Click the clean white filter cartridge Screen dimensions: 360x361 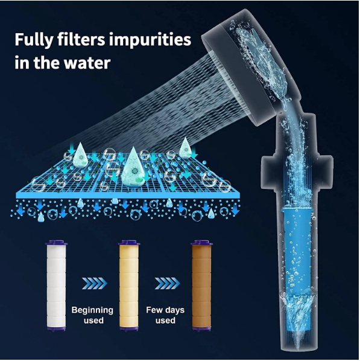(x=56, y=286)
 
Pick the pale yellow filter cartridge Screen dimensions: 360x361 (x=129, y=286)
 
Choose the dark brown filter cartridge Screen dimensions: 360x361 (x=201, y=286)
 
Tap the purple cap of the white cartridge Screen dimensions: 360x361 (x=56, y=243)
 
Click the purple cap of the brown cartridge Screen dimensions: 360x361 (x=201, y=243)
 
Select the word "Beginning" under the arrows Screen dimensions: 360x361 (x=92, y=310)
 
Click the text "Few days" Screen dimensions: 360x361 (x=165, y=310)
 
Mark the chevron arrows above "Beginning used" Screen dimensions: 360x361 (x=95, y=283)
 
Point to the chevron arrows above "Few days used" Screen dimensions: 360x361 (x=167, y=283)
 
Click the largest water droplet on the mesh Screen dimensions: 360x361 (x=133, y=168)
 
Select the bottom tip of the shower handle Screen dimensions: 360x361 (x=298, y=351)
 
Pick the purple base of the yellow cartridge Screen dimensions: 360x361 (x=129, y=329)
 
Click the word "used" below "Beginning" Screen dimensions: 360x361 (x=93, y=321)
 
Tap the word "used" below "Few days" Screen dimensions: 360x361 (x=165, y=321)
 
